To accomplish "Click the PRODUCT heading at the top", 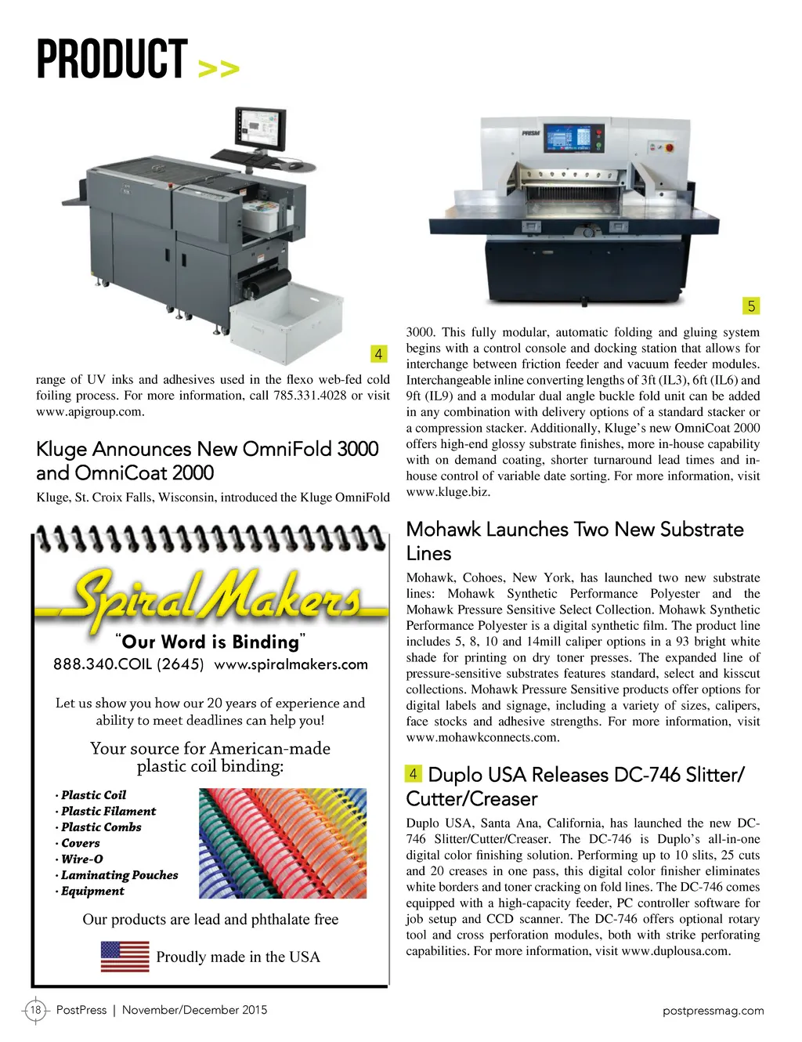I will (x=111, y=60).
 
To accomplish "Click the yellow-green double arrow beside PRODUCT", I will (x=219, y=69).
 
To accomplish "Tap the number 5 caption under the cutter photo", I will (x=751, y=306).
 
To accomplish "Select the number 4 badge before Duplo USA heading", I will (x=414, y=774).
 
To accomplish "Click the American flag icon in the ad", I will (x=125, y=957).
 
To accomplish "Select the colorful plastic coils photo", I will (x=283, y=843).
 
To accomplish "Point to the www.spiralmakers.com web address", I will (x=291, y=664).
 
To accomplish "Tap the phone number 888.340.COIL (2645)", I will (x=128, y=664).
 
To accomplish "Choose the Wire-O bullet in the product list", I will (x=81, y=859).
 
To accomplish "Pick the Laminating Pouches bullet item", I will (x=119, y=875).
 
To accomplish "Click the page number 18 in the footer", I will (x=35, y=1010).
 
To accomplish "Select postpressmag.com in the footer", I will (x=713, y=1011).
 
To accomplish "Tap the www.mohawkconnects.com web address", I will (x=482, y=737).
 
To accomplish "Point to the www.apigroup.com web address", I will (x=90, y=411).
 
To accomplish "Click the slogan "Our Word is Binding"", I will (x=210, y=642).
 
